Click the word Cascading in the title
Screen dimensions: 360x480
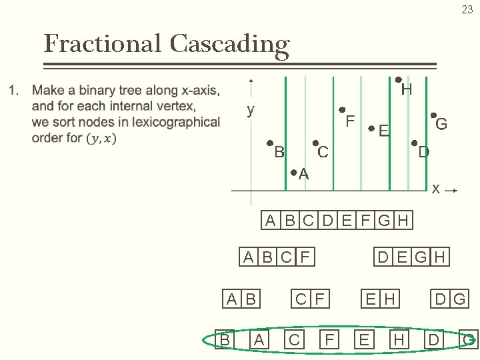pyautogui.click(x=229, y=44)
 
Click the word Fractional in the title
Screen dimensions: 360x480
pyautogui.click(x=102, y=44)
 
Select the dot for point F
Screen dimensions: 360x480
pyautogui.click(x=341, y=110)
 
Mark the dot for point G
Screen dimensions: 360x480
pyautogui.click(x=433, y=115)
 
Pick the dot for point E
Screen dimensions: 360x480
pyautogui.click(x=371, y=129)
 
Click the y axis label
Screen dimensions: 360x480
pyautogui.click(x=251, y=110)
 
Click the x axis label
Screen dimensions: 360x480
pyautogui.click(x=435, y=189)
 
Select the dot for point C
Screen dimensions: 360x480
pyautogui.click(x=315, y=143)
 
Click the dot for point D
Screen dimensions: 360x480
pyautogui.click(x=414, y=143)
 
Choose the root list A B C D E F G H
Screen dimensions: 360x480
pyautogui.click(x=337, y=221)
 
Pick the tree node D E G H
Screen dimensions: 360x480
pyautogui.click(x=411, y=257)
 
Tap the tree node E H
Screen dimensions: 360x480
pyautogui.click(x=380, y=299)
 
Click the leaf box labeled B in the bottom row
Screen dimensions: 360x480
pyautogui.click(x=225, y=340)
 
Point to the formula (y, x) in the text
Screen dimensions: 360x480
pyautogui.click(x=101, y=138)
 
